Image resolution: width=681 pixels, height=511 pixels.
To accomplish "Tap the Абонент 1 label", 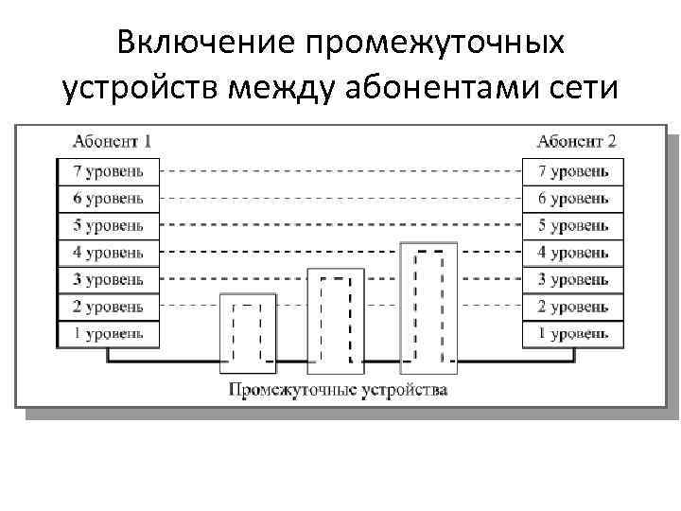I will tap(112, 142).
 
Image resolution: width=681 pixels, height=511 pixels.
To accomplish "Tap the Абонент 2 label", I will tap(576, 142).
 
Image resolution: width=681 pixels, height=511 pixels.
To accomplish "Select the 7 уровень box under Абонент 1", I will tap(109, 171).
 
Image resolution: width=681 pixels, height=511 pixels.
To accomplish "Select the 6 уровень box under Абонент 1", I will tap(109, 199).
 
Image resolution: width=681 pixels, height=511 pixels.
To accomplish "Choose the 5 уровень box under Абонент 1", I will tap(109, 226).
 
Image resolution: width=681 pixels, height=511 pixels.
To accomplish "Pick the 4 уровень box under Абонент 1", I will tap(109, 253).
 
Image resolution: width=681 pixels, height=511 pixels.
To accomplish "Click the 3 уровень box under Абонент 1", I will tap(109, 280).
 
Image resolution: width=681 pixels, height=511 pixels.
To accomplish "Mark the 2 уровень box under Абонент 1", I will tap(109, 307).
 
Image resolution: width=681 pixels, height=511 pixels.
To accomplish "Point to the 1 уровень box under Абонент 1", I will tap(109, 333).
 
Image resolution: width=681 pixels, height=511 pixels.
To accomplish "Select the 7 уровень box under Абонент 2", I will tap(573, 171).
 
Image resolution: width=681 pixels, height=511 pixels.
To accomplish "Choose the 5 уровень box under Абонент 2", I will tap(573, 226).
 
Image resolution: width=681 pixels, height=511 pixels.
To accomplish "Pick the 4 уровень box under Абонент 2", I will tap(573, 253).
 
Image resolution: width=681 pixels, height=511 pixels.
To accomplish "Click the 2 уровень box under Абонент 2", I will tap(573, 307).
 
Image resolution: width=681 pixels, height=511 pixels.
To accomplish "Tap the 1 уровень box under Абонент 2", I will tap(573, 333).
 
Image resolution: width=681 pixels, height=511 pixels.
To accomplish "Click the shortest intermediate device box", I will tap(248, 330).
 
